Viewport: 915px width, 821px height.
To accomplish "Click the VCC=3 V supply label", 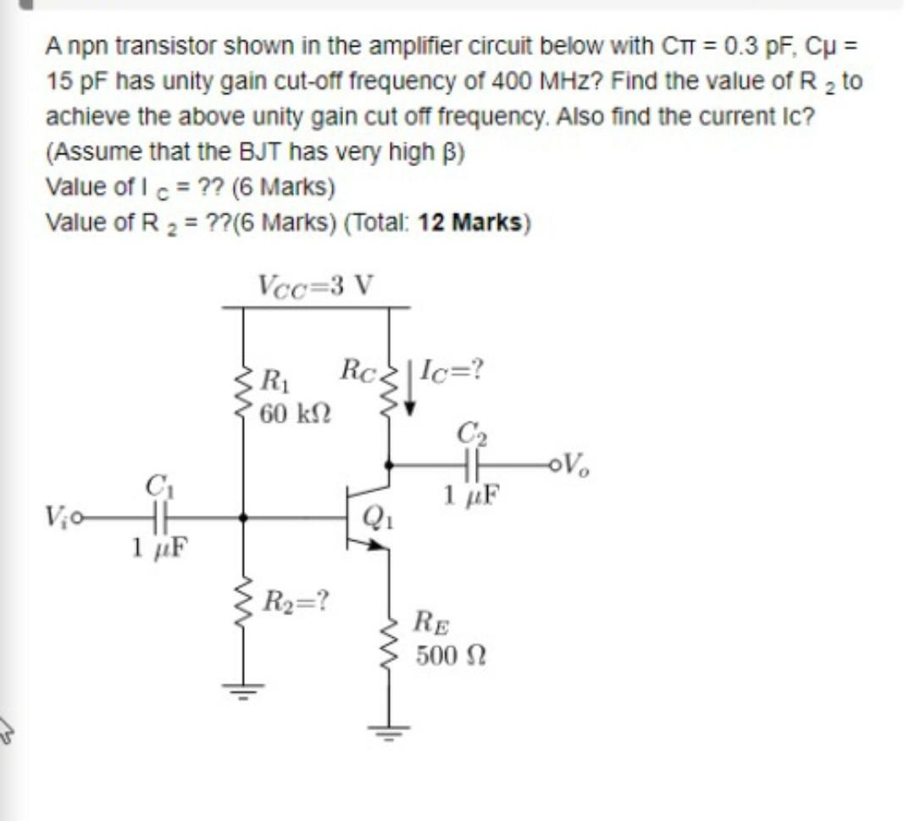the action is pos(315,285).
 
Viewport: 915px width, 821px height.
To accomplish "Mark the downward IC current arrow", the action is pos(410,389).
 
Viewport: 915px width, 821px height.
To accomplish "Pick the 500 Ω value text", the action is pos(450,656).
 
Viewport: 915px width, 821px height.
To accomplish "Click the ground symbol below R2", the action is pos(244,689).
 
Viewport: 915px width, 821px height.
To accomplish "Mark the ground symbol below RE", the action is pos(390,730).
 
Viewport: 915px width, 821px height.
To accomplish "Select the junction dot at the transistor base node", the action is pos(244,516).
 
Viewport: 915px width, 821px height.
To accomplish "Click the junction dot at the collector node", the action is pos(390,465).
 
